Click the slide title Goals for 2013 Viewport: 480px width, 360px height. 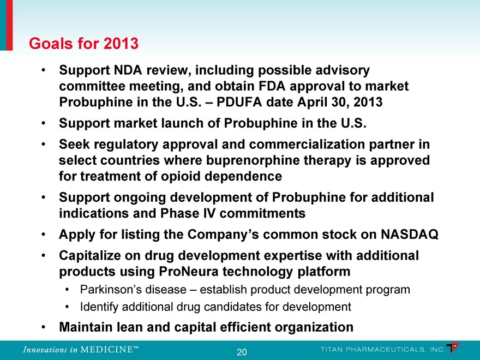(x=83, y=43)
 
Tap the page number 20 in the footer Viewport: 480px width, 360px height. (x=242, y=352)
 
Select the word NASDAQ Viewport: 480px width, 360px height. (x=410, y=235)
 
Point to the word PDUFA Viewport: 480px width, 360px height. (x=239, y=102)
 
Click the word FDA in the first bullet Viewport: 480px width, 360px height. (x=272, y=86)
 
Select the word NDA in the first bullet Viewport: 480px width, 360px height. (x=128, y=70)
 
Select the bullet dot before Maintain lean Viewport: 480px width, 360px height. (x=44, y=327)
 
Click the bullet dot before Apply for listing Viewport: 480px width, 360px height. (x=44, y=235)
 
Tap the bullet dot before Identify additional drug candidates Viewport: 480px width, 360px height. (x=67, y=307)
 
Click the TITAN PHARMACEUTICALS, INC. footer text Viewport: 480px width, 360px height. (x=383, y=350)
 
